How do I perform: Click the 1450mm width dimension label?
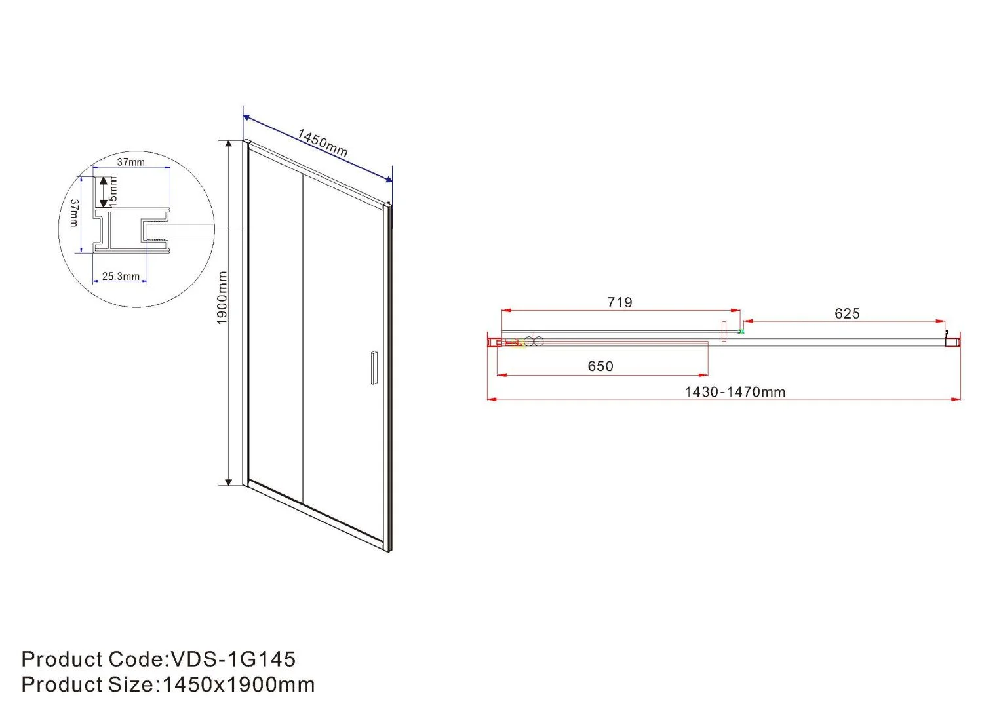tap(322, 143)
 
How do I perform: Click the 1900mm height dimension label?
tap(222, 298)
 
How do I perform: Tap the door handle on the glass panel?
tap(374, 368)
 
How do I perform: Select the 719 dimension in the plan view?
tap(619, 302)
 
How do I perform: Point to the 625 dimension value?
tap(847, 313)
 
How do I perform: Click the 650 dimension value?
tap(600, 366)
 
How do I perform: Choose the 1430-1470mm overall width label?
tap(735, 392)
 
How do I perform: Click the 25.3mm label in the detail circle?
tap(121, 277)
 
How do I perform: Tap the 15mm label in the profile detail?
tap(113, 189)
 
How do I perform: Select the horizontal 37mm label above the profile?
tap(131, 162)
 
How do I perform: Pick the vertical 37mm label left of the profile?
tap(74, 213)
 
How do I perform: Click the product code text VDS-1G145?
tap(233, 659)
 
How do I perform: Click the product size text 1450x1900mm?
tap(239, 684)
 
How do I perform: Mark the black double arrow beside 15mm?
tap(103, 192)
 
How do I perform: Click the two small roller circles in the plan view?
tap(534, 341)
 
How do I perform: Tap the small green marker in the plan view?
tap(741, 332)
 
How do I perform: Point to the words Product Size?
tap(87, 684)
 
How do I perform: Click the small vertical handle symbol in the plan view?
tap(724, 331)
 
